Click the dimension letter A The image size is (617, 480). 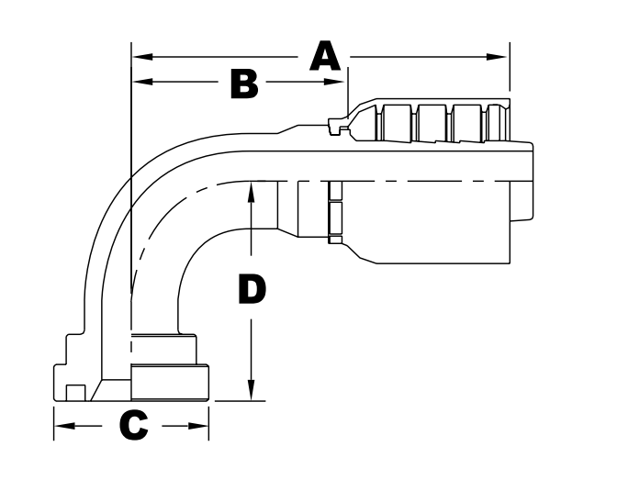pyautogui.click(x=324, y=58)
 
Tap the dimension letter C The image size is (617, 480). pyautogui.click(x=134, y=426)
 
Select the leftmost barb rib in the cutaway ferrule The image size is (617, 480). pyautogui.click(x=397, y=121)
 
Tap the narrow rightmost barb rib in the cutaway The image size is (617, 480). pyautogui.click(x=498, y=121)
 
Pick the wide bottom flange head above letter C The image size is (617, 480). pyautogui.click(x=170, y=383)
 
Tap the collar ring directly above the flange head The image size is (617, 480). pyautogui.click(x=163, y=350)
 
